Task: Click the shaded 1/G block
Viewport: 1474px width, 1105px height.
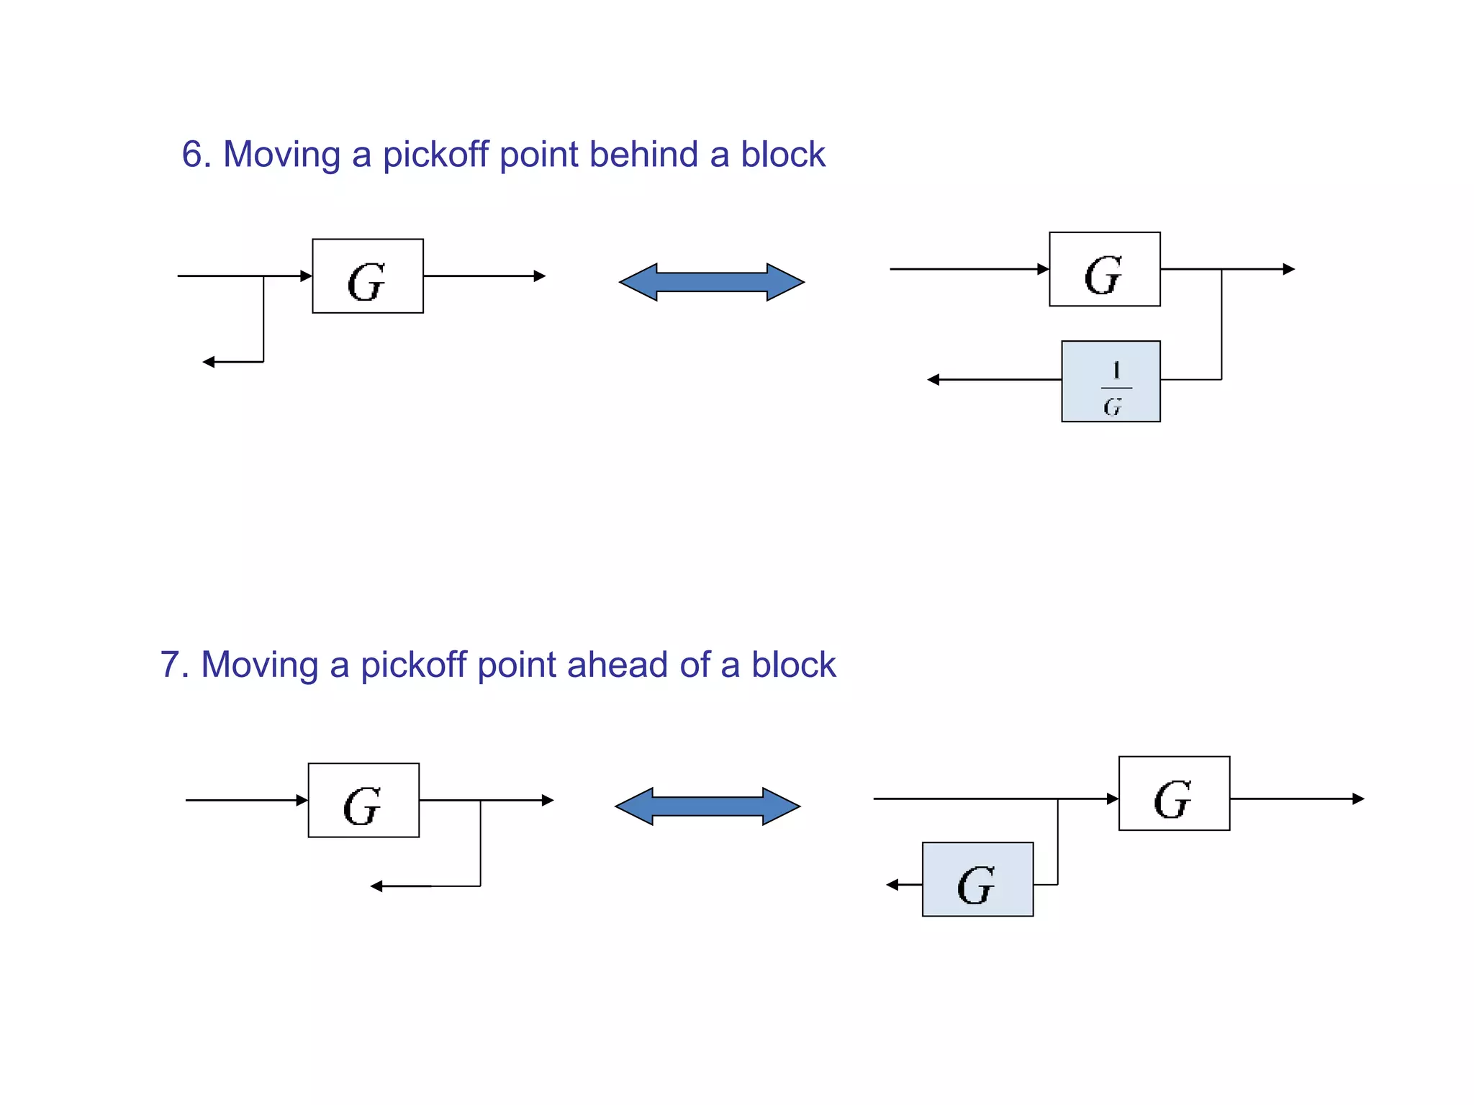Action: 1111,381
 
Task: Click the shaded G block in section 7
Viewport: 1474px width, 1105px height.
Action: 977,879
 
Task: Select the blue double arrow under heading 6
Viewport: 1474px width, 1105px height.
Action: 711,282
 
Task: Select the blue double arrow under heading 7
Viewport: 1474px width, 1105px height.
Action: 707,806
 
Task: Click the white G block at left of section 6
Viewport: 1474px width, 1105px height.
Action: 368,276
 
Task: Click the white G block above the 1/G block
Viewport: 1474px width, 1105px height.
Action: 1105,269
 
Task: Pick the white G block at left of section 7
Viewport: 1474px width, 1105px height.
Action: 363,800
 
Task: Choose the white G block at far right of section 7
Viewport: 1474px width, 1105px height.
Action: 1174,793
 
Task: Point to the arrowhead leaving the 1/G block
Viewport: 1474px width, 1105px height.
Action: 933,379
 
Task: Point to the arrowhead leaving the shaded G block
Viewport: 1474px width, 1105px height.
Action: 892,885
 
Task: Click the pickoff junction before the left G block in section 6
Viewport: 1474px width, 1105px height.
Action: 263,276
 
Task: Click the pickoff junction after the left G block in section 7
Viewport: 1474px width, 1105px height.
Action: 480,800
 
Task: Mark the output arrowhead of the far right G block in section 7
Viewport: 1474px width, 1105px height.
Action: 1358,799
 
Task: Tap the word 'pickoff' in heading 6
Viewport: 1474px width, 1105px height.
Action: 435,155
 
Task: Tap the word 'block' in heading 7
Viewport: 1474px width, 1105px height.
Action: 793,665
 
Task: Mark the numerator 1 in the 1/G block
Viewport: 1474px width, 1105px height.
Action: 1116,370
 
